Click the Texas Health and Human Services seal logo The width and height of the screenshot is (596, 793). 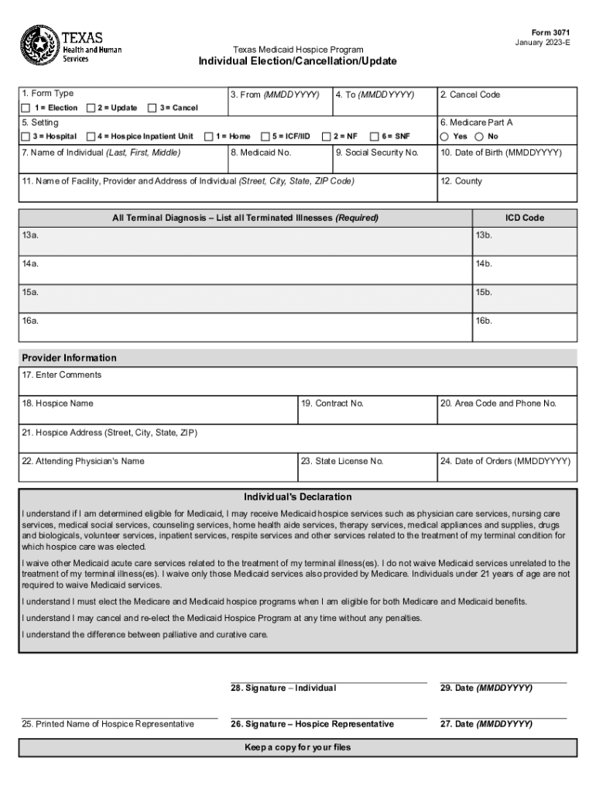tap(38, 46)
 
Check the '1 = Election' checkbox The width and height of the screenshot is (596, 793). tap(26, 108)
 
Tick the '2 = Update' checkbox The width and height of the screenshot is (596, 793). tap(91, 108)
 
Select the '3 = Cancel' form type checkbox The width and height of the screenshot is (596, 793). tap(152, 108)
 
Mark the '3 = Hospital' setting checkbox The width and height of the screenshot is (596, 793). tap(26, 136)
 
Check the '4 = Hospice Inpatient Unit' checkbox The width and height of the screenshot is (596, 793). tap(91, 136)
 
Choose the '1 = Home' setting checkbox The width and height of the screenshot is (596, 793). tap(208, 136)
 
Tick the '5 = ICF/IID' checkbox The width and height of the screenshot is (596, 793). tap(265, 136)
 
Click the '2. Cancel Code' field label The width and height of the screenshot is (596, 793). tap(470, 94)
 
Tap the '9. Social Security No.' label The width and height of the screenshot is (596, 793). tap(377, 153)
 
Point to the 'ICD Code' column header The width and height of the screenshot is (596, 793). tap(524, 218)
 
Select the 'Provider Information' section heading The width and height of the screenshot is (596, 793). tap(70, 358)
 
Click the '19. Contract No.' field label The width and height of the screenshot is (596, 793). tap(332, 403)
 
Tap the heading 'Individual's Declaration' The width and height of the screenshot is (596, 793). tap(298, 496)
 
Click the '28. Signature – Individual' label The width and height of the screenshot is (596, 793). tap(283, 688)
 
